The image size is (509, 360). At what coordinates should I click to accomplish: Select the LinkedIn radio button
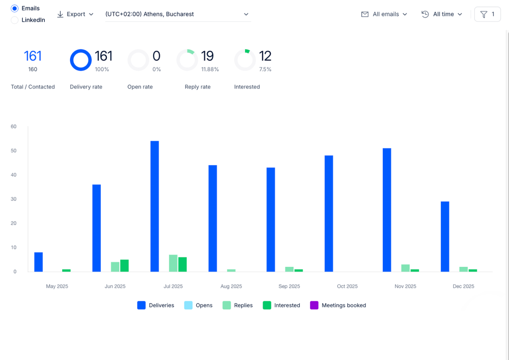point(14,20)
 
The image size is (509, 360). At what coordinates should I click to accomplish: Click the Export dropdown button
point(76,14)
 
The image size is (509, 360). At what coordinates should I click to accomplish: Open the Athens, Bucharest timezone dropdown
point(178,14)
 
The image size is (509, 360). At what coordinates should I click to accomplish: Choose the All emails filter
point(384,14)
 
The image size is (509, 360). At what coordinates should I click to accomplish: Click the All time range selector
point(442,14)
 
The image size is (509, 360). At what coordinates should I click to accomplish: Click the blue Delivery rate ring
point(81,50)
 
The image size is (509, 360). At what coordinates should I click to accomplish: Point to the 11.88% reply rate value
point(210,70)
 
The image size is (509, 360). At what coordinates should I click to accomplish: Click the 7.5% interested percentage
point(265,70)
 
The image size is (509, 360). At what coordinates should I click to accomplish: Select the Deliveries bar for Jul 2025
point(155,206)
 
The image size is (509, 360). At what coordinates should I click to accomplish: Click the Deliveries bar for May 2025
point(39,262)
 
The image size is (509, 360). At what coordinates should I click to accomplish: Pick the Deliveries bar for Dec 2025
point(445,237)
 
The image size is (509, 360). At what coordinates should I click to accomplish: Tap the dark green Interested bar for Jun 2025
point(124,266)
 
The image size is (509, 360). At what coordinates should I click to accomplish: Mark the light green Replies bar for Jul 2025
point(173,263)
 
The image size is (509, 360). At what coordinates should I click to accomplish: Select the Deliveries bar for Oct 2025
point(329,214)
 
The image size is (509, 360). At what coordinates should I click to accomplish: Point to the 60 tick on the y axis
point(13,127)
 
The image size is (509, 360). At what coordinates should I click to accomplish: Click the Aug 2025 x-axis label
point(231,286)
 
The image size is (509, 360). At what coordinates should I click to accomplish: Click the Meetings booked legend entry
point(338,305)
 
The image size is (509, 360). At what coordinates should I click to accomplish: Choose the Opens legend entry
point(198,305)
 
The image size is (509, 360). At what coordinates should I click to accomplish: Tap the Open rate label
point(140,87)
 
